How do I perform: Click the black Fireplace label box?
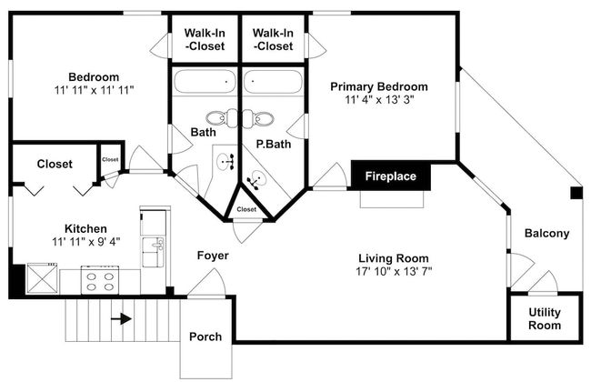pos(390,176)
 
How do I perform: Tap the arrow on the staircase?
pos(121,319)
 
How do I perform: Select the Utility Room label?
pos(545,318)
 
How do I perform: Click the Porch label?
pos(205,337)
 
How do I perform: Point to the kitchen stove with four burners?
pos(100,280)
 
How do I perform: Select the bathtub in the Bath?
pos(205,82)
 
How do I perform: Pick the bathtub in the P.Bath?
pos(273,82)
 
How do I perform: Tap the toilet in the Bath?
pos(222,118)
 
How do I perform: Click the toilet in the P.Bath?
pos(257,118)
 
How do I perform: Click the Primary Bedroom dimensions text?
pos(379,100)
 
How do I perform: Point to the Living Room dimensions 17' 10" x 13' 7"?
pos(394,272)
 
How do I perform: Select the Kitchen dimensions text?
pos(86,242)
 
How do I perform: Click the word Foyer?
pos(213,256)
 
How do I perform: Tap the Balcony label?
pos(546,234)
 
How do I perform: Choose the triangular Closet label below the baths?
pos(246,209)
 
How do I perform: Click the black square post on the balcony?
pos(576,193)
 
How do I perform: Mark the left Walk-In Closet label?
pos(205,40)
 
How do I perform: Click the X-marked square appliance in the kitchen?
pos(42,278)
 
